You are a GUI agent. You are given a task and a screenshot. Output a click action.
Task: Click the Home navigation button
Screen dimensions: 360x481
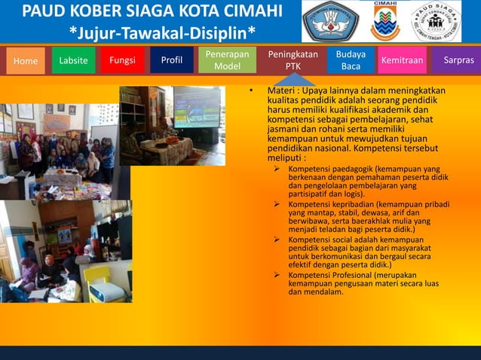click(x=26, y=61)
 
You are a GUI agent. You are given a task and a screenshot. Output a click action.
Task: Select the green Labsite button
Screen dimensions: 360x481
click(x=73, y=60)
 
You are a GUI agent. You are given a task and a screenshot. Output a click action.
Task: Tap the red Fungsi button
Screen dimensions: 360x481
click(x=122, y=60)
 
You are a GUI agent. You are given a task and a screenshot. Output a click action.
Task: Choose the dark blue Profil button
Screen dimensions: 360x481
click(x=172, y=60)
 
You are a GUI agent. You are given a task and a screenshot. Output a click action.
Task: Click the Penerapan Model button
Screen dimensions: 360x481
click(x=228, y=60)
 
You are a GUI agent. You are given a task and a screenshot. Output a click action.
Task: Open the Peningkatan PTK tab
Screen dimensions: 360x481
click(x=293, y=60)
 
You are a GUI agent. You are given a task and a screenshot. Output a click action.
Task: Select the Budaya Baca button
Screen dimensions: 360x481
click(x=351, y=60)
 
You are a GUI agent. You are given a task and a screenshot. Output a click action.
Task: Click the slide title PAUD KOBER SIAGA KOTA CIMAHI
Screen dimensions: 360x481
click(x=152, y=13)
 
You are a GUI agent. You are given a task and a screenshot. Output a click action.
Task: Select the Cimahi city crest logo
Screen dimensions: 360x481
click(x=385, y=23)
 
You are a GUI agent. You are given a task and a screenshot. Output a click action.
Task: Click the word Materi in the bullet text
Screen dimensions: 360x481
click(x=283, y=91)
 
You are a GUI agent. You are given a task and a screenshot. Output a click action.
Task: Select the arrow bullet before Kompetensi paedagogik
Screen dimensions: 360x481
click(x=277, y=169)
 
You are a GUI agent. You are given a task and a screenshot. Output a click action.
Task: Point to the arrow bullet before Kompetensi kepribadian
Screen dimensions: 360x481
click(x=277, y=204)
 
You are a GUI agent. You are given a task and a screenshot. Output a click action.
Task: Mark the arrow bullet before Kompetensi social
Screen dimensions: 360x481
click(x=277, y=239)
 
